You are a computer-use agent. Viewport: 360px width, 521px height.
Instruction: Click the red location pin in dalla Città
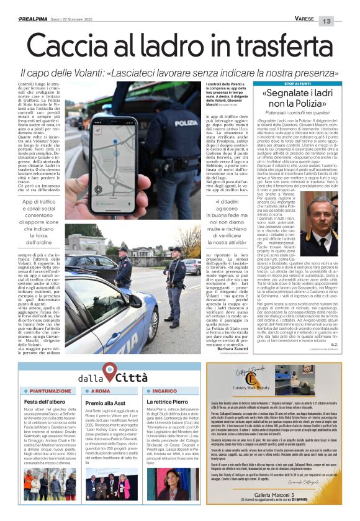[x=110, y=372]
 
